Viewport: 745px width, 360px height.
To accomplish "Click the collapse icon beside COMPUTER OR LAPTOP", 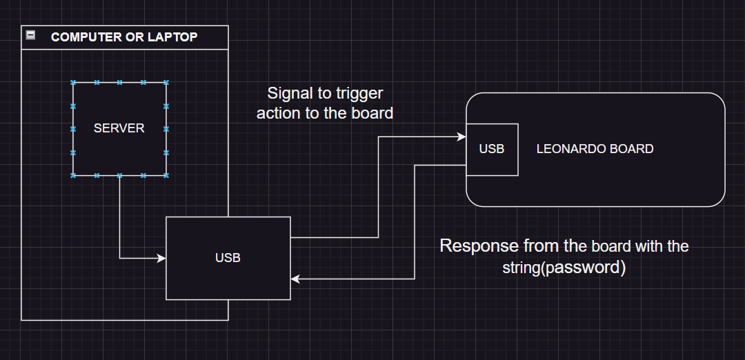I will click(x=30, y=35).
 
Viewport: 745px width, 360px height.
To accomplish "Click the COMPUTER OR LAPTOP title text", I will click(x=124, y=37).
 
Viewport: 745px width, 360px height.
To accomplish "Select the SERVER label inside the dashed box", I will click(x=119, y=128).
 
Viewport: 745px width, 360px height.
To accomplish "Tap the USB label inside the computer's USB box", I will click(x=228, y=258).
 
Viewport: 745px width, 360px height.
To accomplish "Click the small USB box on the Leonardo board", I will click(x=491, y=149).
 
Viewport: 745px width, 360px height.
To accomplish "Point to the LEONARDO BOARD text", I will click(x=595, y=149).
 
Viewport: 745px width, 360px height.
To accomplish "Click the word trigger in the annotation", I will click(x=359, y=93).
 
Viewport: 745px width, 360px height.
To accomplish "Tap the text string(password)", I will click(x=564, y=268).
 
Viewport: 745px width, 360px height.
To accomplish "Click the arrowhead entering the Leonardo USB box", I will click(x=462, y=137).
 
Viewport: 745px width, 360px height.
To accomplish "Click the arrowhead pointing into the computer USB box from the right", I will click(x=295, y=279).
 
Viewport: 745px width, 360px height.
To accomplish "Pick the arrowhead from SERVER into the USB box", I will click(x=162, y=259).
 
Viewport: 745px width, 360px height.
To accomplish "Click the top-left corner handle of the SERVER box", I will click(x=73, y=82).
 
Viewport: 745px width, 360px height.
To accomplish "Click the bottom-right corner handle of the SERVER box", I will click(x=166, y=176).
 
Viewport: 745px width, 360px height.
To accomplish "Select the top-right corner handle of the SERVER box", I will click(x=166, y=82).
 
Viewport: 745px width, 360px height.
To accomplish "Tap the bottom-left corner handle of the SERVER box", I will click(x=73, y=176).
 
